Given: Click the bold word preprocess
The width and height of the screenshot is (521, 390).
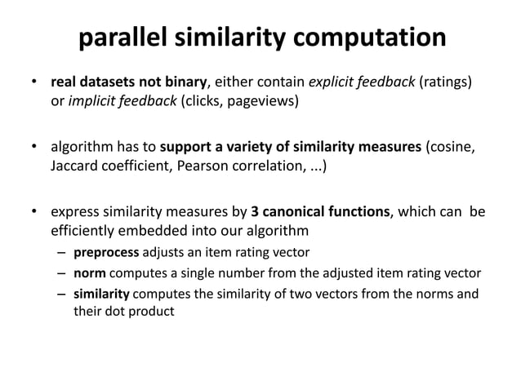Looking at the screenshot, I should pyautogui.click(x=105, y=252).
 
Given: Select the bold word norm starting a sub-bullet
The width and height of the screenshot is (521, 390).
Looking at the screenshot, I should pyautogui.click(x=88, y=272).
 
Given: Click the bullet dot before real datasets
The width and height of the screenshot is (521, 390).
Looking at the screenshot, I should pyautogui.click(x=35, y=83).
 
